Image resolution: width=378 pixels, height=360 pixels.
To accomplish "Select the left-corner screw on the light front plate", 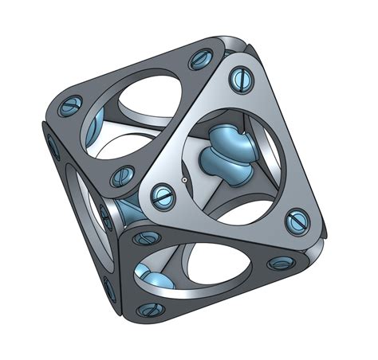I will click(x=163, y=191).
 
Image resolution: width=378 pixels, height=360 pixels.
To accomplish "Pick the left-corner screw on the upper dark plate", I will click(x=71, y=104).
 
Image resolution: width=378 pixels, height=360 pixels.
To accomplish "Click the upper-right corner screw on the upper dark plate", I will click(x=197, y=61).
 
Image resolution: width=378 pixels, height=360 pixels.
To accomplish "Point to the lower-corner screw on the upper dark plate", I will click(x=124, y=176).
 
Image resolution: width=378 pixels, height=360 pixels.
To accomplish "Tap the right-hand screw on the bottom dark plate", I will click(x=279, y=263).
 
